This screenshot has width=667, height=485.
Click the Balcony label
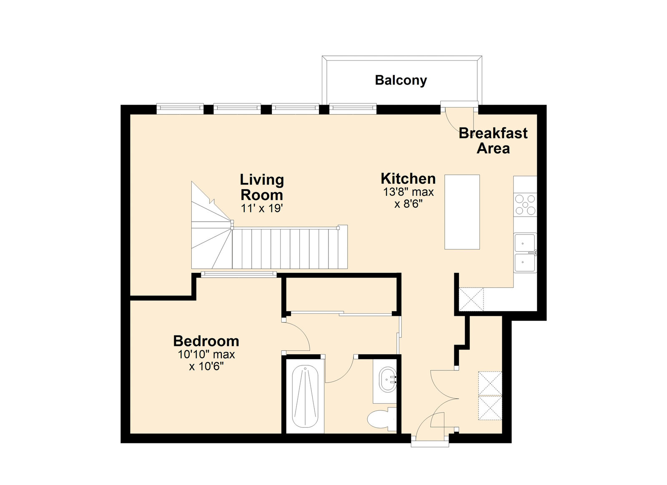[x=401, y=81]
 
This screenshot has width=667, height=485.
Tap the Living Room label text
[x=262, y=187]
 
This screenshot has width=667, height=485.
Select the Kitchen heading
[x=408, y=179]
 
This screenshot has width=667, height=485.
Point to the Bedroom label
[x=206, y=341]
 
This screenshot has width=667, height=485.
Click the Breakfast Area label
[x=493, y=141]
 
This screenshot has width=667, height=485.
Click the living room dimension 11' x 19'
[x=262, y=209]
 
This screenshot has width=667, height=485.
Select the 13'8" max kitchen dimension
[x=408, y=192]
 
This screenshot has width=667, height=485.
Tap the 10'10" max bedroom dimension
[x=206, y=355]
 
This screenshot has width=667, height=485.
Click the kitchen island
[x=462, y=212]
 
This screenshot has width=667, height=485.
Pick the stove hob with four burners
[x=525, y=205]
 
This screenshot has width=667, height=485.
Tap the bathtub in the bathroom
[x=305, y=396]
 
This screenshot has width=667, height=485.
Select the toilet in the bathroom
[x=381, y=419]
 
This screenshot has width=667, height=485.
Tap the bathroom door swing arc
[x=346, y=374]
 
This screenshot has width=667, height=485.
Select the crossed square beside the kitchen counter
[x=471, y=299]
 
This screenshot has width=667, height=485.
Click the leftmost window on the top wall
[x=180, y=109]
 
